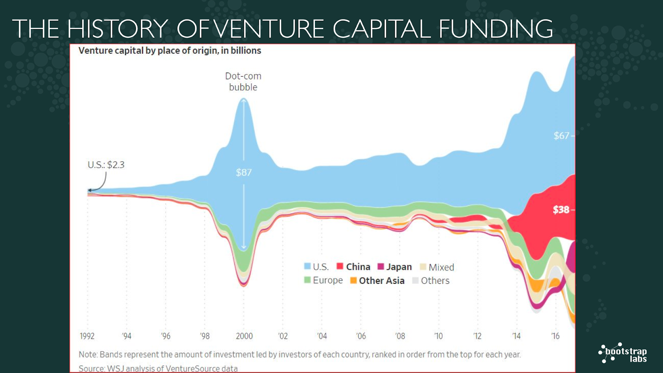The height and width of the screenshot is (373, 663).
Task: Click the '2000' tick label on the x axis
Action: click(244, 336)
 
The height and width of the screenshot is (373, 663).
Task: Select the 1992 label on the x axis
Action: click(87, 336)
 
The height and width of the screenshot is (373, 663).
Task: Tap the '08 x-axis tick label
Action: click(400, 336)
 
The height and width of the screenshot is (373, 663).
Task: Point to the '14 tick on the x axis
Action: click(516, 336)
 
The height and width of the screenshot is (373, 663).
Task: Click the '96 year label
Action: click(165, 336)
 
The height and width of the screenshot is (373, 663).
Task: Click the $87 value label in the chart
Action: click(244, 172)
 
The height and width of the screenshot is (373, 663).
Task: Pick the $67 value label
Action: click(561, 136)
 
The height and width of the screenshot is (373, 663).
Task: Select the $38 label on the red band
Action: click(561, 210)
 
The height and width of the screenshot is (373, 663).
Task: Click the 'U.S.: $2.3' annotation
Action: click(106, 165)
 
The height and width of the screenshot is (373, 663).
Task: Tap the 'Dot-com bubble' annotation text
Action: click(243, 82)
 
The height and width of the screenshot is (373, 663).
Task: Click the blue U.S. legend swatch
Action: click(307, 266)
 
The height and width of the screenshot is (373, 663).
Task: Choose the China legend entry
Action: click(353, 267)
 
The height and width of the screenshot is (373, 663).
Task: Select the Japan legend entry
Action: click(394, 267)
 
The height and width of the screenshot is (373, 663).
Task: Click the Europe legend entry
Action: click(324, 281)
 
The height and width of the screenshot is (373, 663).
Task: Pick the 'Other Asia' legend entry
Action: click(377, 281)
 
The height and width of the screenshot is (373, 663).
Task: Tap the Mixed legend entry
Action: click(437, 267)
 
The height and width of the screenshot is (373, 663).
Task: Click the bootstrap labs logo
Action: click(623, 354)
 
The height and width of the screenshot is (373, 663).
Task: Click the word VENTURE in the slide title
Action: click(269, 29)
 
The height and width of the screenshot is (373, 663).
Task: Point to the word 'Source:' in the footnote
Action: click(92, 368)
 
